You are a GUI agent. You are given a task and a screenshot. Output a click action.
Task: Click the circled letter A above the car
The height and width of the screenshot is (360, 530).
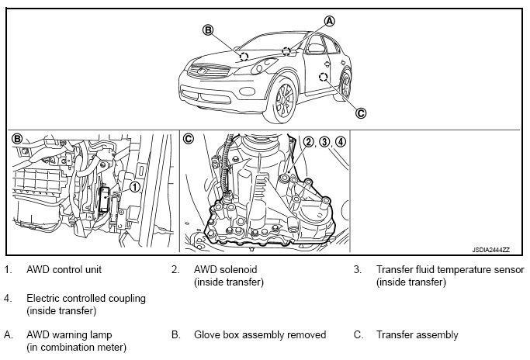pos(330,21)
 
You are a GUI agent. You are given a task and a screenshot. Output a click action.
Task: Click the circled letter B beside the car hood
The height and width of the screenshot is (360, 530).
pos(208,30)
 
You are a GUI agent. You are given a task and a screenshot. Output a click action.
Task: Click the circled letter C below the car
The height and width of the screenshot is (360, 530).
pos(361,113)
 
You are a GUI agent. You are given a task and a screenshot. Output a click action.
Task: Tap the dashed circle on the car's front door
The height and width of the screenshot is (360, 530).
pos(323,77)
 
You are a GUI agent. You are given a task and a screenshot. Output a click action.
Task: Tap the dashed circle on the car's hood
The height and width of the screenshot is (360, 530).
pos(244,57)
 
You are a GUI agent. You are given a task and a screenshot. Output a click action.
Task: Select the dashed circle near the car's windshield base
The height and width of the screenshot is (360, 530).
pos(286,51)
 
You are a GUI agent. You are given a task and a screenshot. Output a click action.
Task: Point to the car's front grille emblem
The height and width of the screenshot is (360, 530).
pos(203,71)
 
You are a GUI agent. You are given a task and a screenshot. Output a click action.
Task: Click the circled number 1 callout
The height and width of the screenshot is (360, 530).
pos(134,186)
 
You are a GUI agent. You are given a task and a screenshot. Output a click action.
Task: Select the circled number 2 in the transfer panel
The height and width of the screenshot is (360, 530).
pos(308,142)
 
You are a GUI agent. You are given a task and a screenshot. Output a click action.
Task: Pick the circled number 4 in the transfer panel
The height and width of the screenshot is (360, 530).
pos(341,142)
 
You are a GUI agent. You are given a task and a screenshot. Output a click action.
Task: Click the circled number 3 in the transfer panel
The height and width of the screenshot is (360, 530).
pos(324,142)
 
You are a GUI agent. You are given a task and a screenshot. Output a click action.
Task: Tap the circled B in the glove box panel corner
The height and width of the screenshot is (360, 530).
pos(16,139)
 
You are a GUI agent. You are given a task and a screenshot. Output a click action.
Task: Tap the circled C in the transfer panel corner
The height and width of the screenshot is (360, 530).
pos(189,139)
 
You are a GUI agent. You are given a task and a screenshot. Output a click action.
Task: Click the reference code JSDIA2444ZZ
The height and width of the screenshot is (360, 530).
pos(490,250)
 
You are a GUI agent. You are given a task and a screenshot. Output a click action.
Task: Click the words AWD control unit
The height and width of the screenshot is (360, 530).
pos(64,269)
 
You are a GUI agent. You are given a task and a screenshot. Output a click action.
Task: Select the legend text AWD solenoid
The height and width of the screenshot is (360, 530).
pos(226,269)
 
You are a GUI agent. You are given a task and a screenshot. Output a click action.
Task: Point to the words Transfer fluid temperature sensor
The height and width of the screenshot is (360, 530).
pos(450,269)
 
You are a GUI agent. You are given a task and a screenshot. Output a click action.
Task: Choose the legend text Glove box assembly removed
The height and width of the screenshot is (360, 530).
pos(260,334)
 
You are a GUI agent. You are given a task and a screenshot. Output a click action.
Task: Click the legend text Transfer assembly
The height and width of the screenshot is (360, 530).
pos(417,334)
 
